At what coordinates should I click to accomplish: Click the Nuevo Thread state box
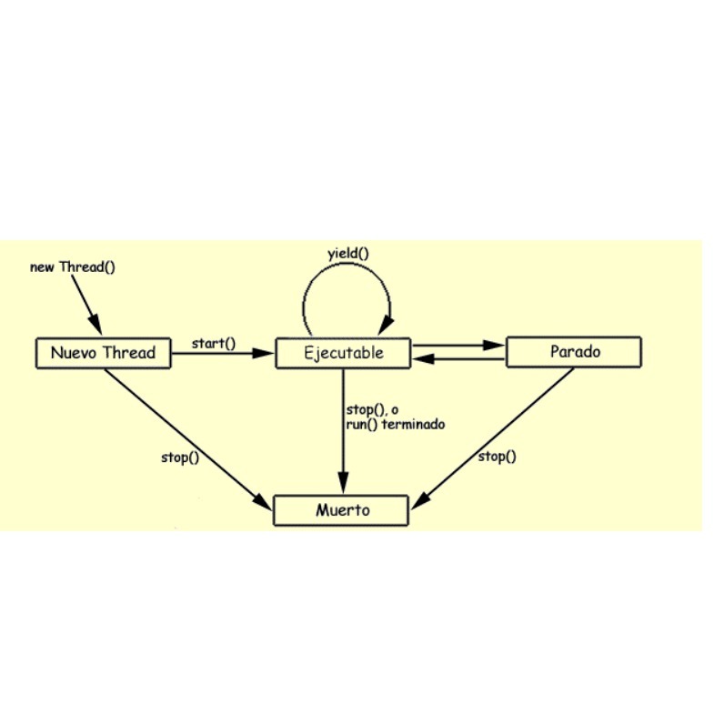104,353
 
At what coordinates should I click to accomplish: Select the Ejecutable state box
343,353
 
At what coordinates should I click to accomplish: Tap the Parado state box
574,352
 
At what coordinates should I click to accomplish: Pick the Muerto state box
341,510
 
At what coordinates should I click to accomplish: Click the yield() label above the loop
348,254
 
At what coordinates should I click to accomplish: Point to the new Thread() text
73,266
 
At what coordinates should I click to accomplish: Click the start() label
214,343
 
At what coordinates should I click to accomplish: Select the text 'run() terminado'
396,425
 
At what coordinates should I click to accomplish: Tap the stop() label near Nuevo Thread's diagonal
180,458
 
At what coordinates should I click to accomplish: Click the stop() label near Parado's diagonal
498,457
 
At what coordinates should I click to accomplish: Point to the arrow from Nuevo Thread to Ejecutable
223,353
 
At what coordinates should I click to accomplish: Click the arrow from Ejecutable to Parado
458,346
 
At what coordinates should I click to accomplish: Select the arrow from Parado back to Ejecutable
458,359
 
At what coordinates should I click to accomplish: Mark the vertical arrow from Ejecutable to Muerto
343,431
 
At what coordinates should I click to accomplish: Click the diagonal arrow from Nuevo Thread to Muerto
188,439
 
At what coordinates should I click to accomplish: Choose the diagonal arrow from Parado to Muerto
493,438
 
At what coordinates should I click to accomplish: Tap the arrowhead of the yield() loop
386,325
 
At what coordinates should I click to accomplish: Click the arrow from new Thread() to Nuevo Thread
87,305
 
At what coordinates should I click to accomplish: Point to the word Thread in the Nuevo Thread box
129,352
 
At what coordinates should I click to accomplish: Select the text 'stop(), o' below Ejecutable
372,410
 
